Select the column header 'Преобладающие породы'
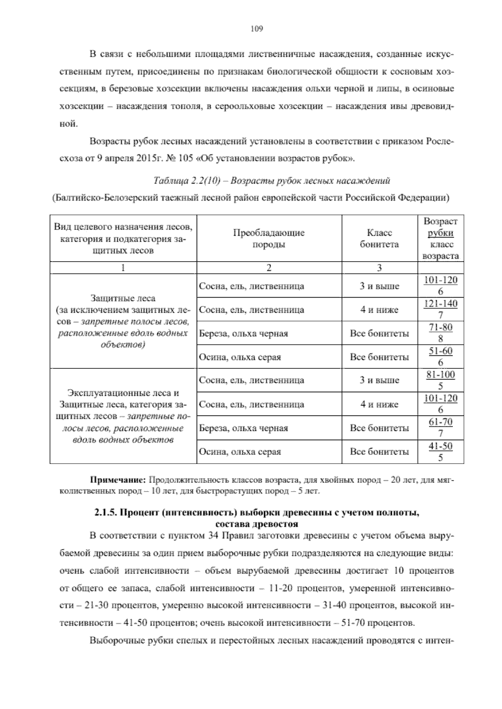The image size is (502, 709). pos(269,239)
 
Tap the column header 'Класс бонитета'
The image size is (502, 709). pos(379,239)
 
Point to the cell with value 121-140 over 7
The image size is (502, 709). pos(441,309)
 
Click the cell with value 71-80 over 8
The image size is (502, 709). pos(441,333)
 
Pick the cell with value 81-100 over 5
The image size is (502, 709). pos(441,380)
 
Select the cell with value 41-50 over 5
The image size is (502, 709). pos(441,452)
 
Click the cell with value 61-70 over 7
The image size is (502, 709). pos(441,428)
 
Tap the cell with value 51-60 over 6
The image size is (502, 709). pos(441,357)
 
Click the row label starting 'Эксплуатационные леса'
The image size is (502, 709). pos(123,393)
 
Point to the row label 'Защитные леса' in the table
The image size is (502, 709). pos(123,298)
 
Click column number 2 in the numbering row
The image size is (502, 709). pos(269,268)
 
